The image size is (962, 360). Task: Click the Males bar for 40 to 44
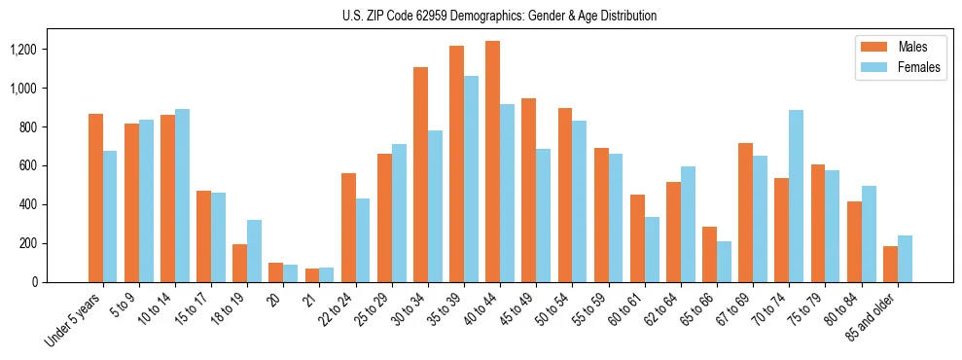tap(492, 162)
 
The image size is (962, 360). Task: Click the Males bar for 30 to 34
tap(420, 174)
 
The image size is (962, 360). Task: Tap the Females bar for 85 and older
tap(905, 259)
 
